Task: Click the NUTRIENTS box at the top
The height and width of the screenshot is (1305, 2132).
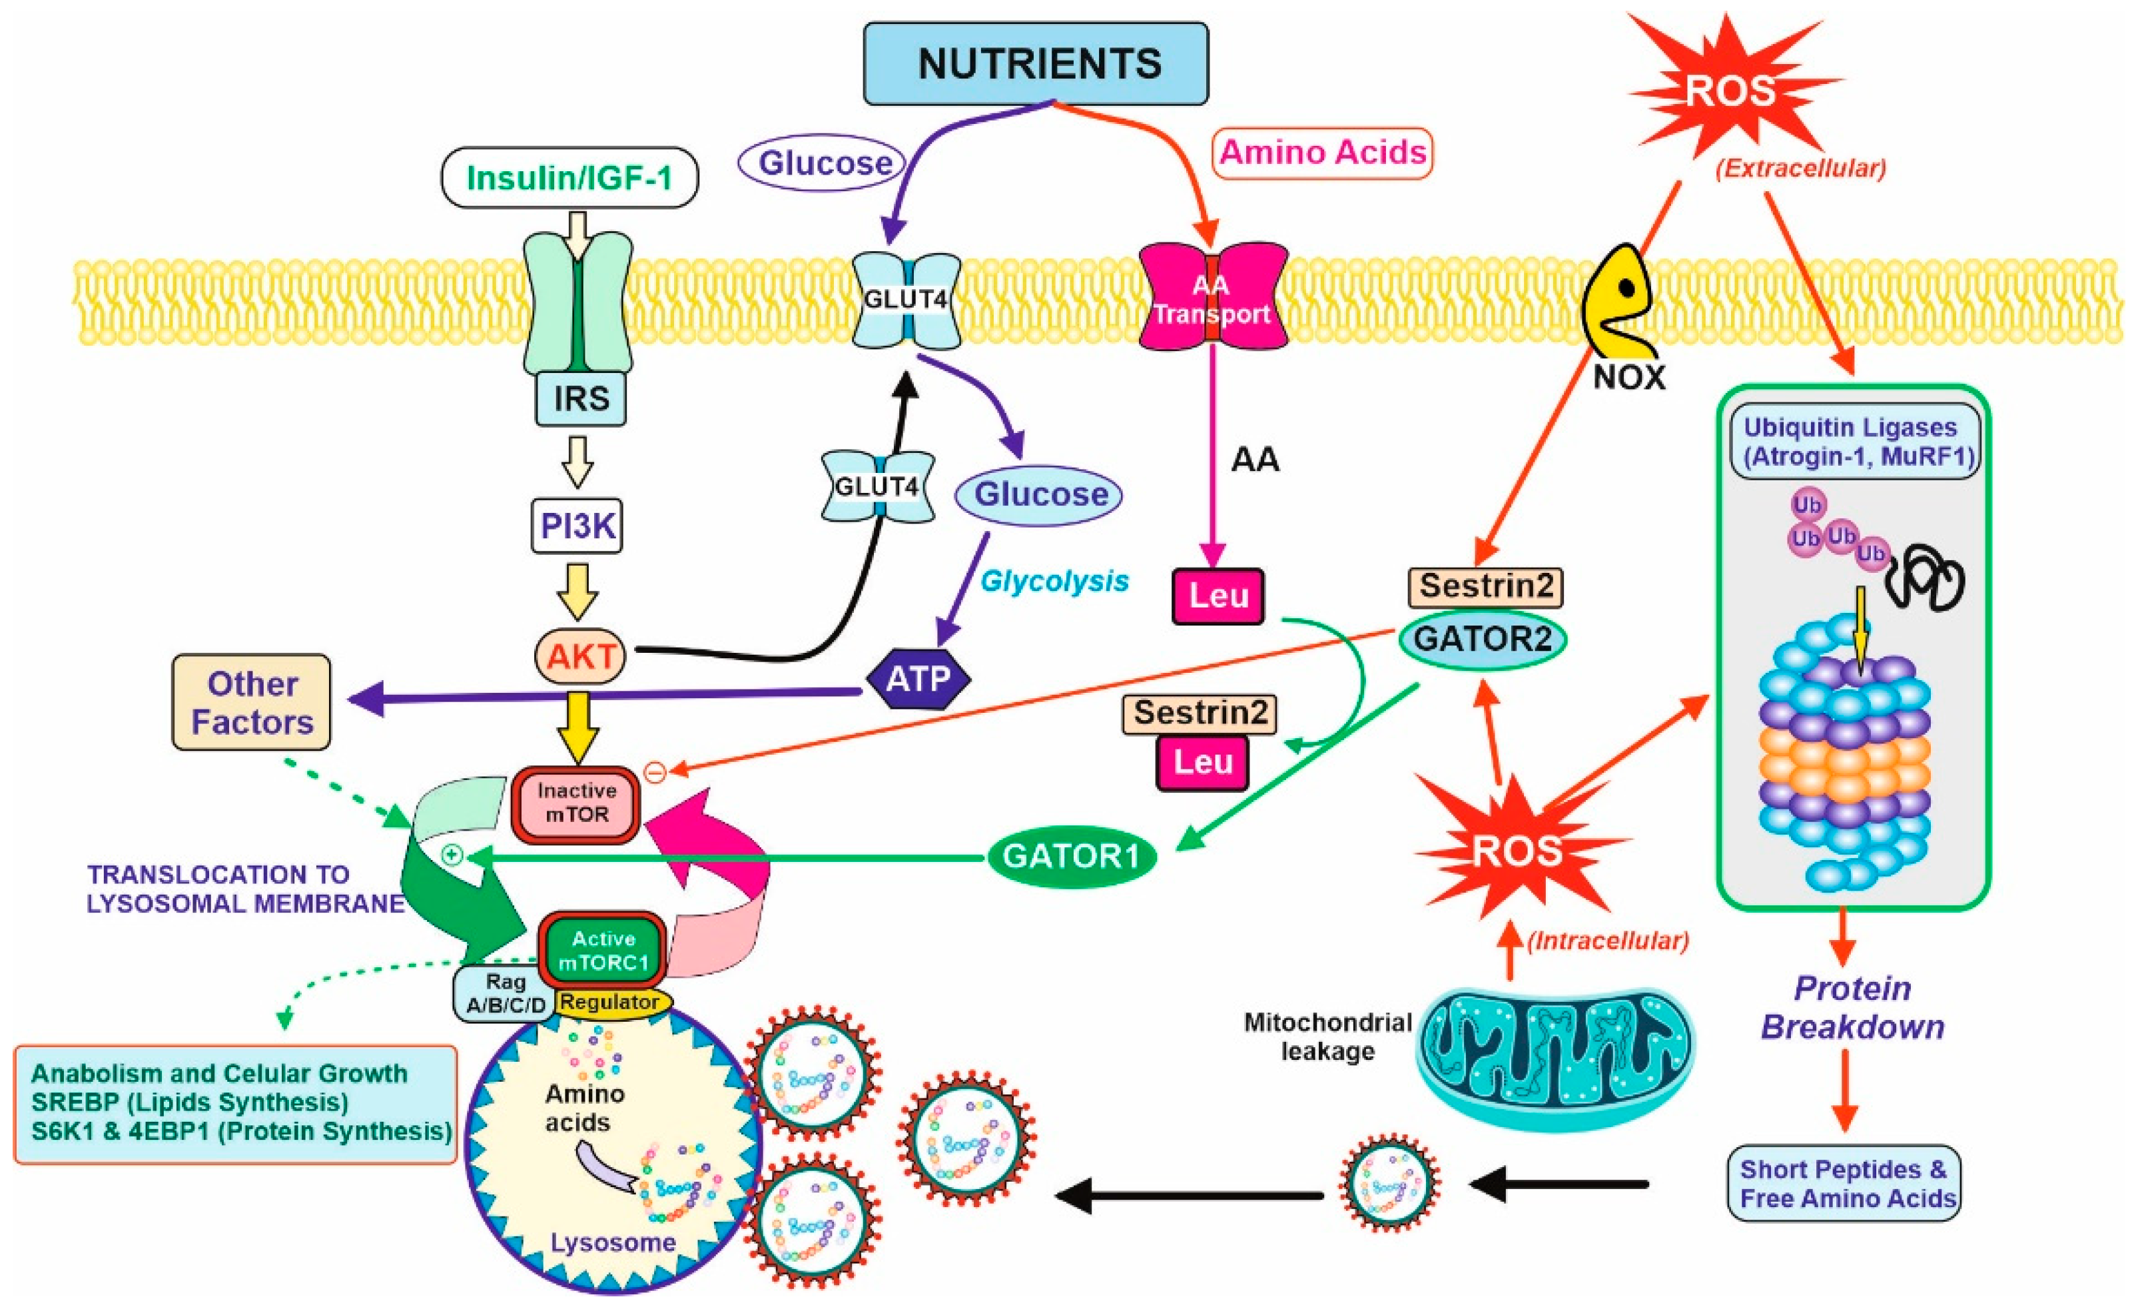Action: pyautogui.click(x=1036, y=64)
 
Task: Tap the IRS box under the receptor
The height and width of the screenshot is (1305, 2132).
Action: pyautogui.click(x=581, y=399)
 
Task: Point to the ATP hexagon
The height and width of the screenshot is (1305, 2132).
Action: pyautogui.click(x=917, y=678)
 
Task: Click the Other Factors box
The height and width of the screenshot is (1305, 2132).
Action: pyautogui.click(x=252, y=702)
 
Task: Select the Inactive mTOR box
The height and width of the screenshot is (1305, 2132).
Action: pyautogui.click(x=576, y=803)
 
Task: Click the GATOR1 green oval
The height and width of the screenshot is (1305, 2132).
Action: pyautogui.click(x=1071, y=856)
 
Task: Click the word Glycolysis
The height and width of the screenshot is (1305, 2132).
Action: pyautogui.click(x=1054, y=581)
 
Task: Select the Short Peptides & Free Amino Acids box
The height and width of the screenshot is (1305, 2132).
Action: pyautogui.click(x=1844, y=1183)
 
